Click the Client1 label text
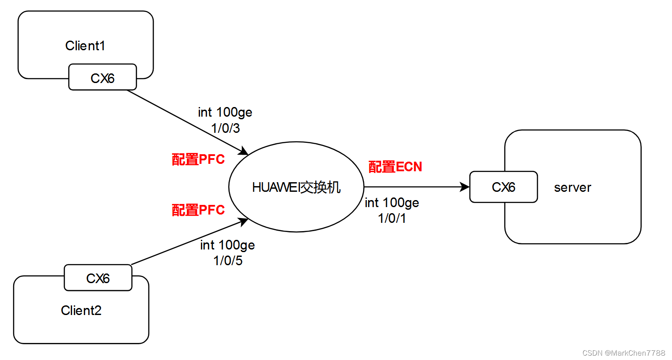point(85,46)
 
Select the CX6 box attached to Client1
point(103,78)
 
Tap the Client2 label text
point(81,311)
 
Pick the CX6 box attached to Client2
point(98,278)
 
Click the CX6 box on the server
point(503,187)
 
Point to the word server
point(572,188)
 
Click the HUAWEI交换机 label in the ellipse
point(296,187)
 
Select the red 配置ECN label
point(395,167)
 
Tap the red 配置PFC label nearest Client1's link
point(198,159)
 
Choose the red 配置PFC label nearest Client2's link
point(198,210)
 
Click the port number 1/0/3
point(226,128)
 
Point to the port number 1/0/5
point(228,261)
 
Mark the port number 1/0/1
point(392,218)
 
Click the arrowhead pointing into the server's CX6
point(465,187)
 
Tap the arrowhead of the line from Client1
point(244,152)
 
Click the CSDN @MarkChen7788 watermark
point(624,353)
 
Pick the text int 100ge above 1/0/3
point(225,112)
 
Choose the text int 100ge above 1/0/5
point(227,245)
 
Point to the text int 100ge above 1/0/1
point(392,203)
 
